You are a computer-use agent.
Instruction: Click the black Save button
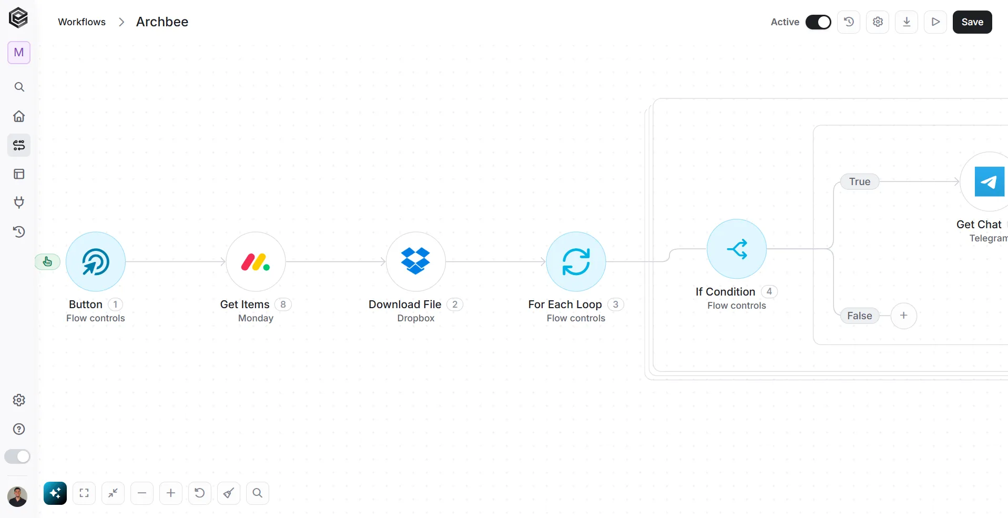click(972, 22)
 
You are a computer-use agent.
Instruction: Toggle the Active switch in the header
click(818, 22)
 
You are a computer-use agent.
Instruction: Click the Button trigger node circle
click(96, 262)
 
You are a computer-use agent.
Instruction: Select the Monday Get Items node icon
click(256, 262)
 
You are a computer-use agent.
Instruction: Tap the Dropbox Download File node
click(416, 262)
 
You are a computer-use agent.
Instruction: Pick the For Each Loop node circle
click(576, 262)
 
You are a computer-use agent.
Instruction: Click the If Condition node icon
click(737, 249)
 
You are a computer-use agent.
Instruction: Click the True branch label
click(860, 181)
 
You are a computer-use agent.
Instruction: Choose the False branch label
click(860, 316)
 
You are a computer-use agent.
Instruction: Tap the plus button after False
click(904, 316)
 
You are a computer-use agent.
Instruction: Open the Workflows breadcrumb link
click(82, 22)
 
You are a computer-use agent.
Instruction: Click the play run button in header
click(935, 22)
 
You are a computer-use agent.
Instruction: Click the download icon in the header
click(907, 22)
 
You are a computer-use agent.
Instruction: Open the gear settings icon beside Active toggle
click(878, 22)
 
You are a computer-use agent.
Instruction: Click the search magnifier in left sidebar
click(19, 87)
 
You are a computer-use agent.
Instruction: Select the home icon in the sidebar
click(19, 116)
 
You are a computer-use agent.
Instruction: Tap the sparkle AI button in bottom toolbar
click(55, 493)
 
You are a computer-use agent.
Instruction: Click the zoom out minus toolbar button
click(142, 493)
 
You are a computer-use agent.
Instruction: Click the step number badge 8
click(283, 304)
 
